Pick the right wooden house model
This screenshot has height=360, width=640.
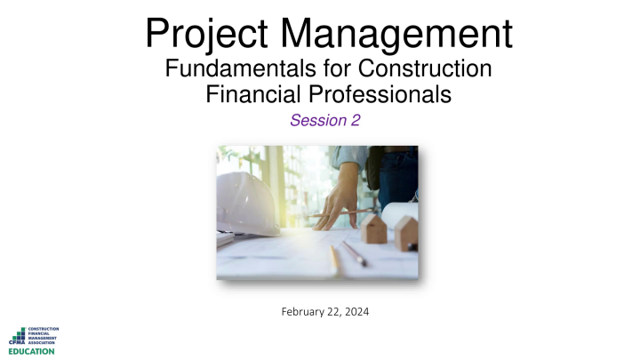(404, 233)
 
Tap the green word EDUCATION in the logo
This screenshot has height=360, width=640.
(31, 351)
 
